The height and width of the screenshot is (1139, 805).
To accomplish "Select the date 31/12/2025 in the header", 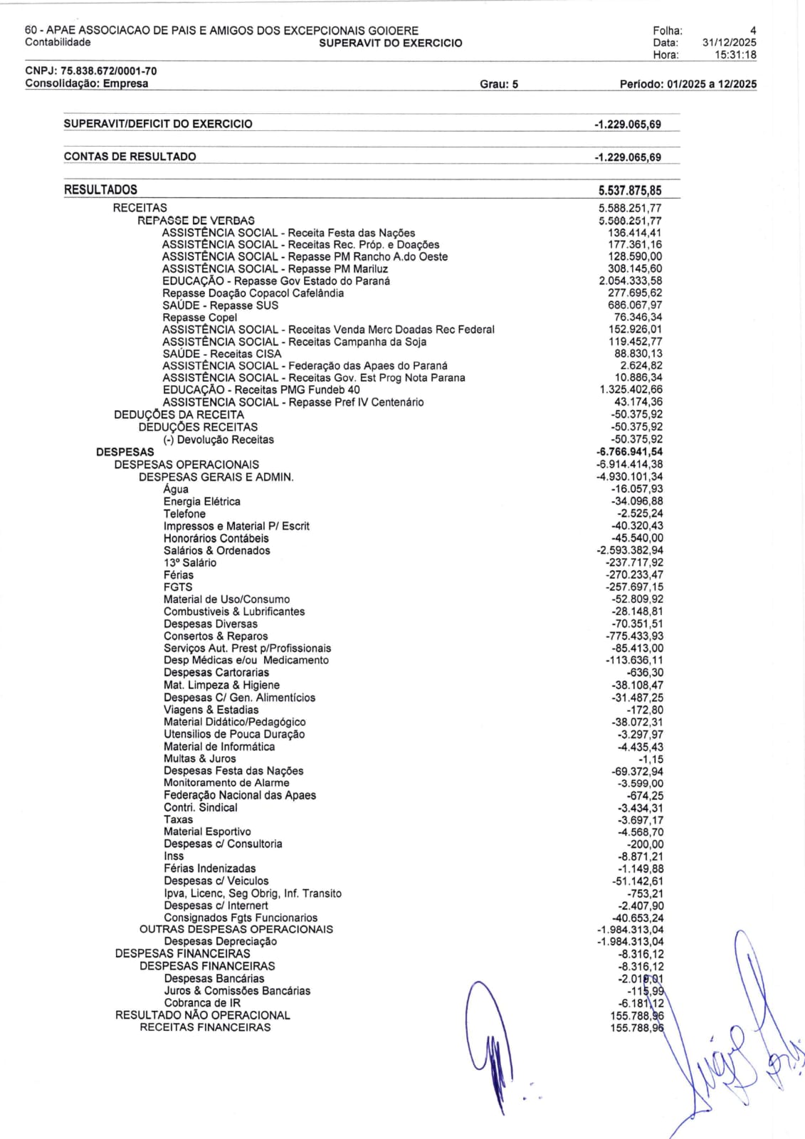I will (729, 43).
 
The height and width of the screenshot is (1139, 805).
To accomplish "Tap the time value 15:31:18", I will (735, 55).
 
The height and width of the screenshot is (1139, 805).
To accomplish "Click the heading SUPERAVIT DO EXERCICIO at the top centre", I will (390, 43).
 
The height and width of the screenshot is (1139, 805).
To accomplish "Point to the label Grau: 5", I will (499, 84).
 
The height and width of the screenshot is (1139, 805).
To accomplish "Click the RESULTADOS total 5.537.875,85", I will (630, 190).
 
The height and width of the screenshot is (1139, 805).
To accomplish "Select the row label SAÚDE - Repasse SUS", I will (220, 305).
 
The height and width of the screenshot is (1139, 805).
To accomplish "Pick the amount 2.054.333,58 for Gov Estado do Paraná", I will (631, 281).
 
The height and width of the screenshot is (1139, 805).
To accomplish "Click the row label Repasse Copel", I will (199, 317).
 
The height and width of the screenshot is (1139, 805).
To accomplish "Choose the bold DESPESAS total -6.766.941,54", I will (629, 452).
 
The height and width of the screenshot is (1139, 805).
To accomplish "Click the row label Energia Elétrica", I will (201, 502).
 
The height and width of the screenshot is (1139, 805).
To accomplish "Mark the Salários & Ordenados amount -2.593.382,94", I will (630, 551).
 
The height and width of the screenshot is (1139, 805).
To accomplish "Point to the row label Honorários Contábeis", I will (216, 538).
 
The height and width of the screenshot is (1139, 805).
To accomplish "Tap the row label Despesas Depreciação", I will (220, 942).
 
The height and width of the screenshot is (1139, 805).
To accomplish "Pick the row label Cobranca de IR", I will (202, 1003).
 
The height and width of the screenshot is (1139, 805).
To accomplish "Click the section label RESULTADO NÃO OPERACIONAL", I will (202, 1015).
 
